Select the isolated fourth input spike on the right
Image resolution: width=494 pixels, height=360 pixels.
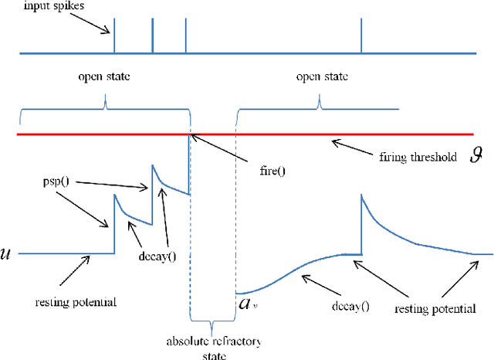pos(361,36)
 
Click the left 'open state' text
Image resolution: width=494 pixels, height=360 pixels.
pos(104,77)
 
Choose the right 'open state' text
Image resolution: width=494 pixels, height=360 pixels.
pos(322,77)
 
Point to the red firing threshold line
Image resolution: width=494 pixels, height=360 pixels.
pos(255,134)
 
